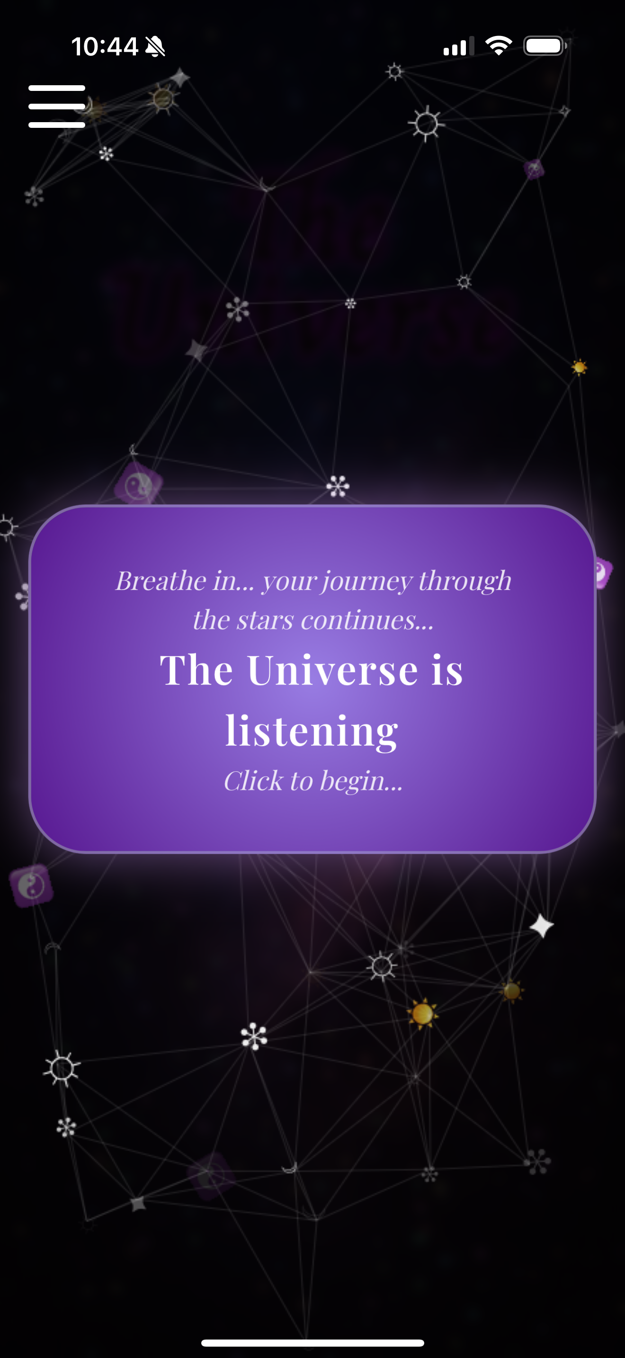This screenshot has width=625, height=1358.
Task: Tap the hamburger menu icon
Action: pos(57,106)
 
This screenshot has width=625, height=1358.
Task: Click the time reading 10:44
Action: pos(104,46)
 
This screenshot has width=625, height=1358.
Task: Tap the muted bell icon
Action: pos(155,47)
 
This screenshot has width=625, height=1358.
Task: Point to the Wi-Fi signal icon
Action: pos(499,46)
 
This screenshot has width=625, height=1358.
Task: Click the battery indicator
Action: pos(545,46)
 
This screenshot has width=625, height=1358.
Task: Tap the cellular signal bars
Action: pos(457,46)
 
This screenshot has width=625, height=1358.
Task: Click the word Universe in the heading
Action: pos(332,670)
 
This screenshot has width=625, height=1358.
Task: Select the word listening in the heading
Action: pos(312,731)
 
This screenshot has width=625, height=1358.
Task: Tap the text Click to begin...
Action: pos(313,781)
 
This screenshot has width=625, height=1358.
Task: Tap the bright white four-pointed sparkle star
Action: pos(541,926)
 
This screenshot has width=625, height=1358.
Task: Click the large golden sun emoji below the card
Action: pos(422,1013)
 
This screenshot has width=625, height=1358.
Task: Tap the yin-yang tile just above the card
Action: pos(139,483)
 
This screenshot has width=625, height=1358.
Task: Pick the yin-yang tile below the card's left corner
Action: pos(31,885)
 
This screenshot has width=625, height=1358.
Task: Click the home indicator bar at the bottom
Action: pos(312,1343)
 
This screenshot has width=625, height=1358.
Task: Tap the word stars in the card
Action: pos(265,620)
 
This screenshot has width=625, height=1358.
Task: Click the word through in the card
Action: pos(465,581)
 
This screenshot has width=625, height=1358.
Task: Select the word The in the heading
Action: pos(196,670)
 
